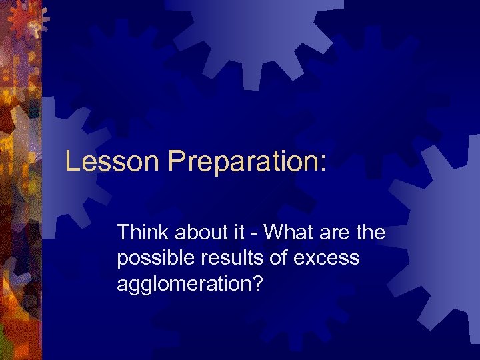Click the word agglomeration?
point(190,284)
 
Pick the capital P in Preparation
point(177,162)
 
